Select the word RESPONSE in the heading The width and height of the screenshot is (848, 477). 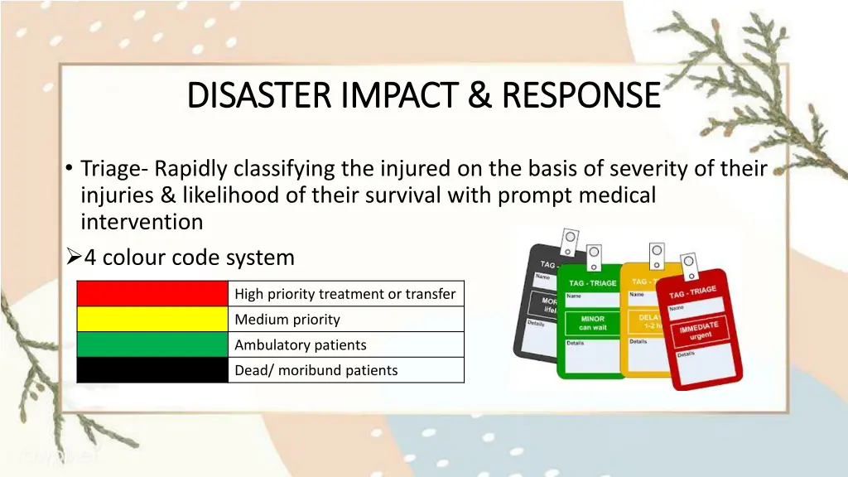[x=581, y=95]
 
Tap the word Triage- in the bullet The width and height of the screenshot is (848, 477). [x=114, y=169]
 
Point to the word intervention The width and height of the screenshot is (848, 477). [x=142, y=222]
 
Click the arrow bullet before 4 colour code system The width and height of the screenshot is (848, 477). [x=71, y=258]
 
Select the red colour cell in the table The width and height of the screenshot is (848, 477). [x=152, y=294]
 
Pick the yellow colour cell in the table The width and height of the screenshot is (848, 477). [x=152, y=320]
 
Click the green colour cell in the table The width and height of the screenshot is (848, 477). [x=152, y=344]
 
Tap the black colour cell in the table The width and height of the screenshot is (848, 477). [x=152, y=370]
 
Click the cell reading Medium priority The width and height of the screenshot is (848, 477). [x=345, y=320]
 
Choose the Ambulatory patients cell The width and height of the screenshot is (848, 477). [x=345, y=344]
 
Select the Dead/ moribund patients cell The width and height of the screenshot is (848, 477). [x=345, y=370]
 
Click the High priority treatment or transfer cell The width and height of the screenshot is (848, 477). [x=345, y=294]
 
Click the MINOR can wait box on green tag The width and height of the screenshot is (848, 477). [x=593, y=323]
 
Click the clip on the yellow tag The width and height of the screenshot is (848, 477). [x=657, y=253]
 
